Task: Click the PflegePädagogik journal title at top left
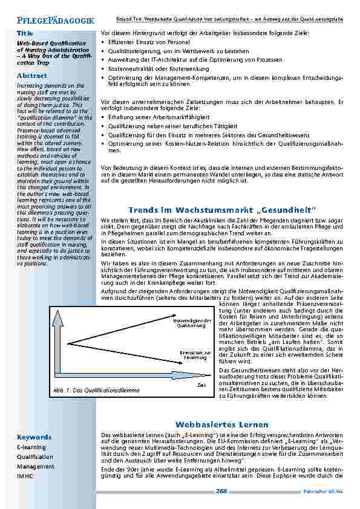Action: click(x=51, y=21)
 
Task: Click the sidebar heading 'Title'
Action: click(x=25, y=33)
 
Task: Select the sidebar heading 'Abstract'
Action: click(x=31, y=76)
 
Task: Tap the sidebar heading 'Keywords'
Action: click(x=34, y=436)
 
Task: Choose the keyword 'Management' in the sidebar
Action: click(x=36, y=467)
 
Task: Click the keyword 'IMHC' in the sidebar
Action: click(x=25, y=476)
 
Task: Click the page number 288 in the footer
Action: click(x=221, y=491)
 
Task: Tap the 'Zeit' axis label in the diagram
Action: click(x=202, y=385)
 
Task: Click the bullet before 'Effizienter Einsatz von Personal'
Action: click(x=103, y=42)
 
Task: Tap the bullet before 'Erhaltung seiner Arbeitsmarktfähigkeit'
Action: click(x=103, y=115)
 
